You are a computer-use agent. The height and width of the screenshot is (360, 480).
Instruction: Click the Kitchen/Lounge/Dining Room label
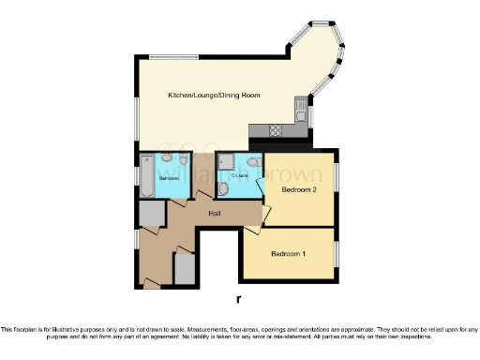pyautogui.click(x=214, y=96)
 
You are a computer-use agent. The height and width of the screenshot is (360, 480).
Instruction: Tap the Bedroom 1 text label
pyautogui.click(x=288, y=254)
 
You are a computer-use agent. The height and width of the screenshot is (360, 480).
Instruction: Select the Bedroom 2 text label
pyautogui.click(x=299, y=188)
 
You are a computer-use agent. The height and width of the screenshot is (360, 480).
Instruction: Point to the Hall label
pyautogui.click(x=215, y=214)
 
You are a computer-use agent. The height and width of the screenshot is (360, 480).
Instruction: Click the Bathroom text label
pyautogui.click(x=169, y=177)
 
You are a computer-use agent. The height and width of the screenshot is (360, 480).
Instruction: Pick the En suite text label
pyautogui.click(x=238, y=174)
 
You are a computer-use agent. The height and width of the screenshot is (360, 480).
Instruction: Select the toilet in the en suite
pyautogui.click(x=224, y=191)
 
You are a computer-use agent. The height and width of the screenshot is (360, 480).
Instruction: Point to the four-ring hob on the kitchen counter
pyautogui.click(x=276, y=130)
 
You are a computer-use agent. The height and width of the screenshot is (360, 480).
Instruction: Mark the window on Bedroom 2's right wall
pyautogui.click(x=336, y=178)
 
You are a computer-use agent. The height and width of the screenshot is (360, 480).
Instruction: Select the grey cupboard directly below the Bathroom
pyautogui.click(x=150, y=215)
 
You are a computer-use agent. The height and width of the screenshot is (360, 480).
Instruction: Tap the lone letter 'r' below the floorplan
pyautogui.click(x=240, y=299)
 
